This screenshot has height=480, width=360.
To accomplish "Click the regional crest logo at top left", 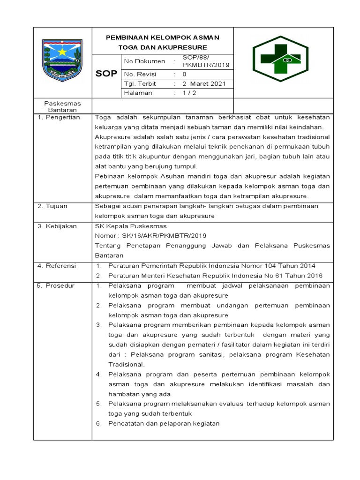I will (62, 60).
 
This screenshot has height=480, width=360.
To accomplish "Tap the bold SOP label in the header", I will (106, 74).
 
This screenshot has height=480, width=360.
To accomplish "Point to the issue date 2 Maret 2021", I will (204, 84).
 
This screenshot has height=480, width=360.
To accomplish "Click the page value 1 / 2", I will (190, 93).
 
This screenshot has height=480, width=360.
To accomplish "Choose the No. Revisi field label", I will (140, 75).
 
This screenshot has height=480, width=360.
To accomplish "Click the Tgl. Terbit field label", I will (140, 84).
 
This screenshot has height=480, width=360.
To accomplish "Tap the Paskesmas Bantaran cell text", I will (62, 106).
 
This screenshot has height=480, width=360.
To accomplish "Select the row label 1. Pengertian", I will (59, 117).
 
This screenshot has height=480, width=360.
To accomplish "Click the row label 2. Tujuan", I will (53, 206).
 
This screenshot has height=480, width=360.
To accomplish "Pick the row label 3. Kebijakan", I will (57, 226).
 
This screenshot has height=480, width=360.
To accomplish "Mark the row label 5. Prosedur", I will (56, 285).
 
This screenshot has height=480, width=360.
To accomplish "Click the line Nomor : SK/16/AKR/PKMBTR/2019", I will (150, 236).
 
